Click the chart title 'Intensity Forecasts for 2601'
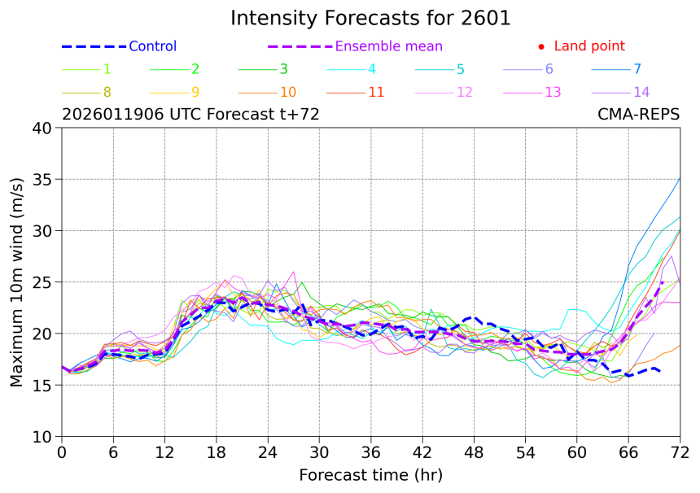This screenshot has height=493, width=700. (x=370, y=18)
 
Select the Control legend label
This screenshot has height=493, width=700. (x=152, y=46)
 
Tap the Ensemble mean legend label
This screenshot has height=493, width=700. (x=389, y=46)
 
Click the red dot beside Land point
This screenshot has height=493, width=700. (x=541, y=46)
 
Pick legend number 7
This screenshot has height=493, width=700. (x=637, y=69)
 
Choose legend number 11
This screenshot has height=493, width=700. (x=376, y=92)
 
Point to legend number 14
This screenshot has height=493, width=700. (x=641, y=92)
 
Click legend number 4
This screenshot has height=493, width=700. (x=372, y=69)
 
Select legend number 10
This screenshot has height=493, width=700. (x=288, y=92)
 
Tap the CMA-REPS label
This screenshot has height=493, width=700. (x=639, y=115)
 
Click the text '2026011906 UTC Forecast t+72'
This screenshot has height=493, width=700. (x=190, y=115)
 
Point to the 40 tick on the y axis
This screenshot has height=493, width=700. (x=42, y=128)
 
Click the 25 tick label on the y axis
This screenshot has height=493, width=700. (x=42, y=282)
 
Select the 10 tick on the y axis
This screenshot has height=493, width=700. (x=42, y=437)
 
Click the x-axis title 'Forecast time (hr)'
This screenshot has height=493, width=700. (x=370, y=474)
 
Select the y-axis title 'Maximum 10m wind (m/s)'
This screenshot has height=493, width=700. (x=17, y=282)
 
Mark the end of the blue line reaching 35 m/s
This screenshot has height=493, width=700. (x=680, y=178)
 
